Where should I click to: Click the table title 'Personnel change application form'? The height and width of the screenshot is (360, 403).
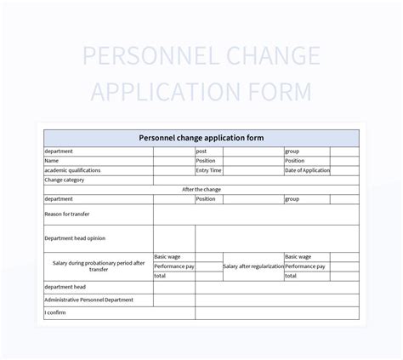point(201,137)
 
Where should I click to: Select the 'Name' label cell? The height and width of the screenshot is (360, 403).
point(52,160)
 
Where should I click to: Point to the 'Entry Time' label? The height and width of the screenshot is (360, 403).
point(209,170)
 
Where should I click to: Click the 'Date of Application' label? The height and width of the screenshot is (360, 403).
point(307,170)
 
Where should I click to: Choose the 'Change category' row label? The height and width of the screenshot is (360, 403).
point(64,180)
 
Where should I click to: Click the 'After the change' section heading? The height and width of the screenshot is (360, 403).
point(201,189)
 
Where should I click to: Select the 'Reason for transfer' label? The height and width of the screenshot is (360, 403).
point(66,214)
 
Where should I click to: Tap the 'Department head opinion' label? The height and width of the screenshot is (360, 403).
point(75,238)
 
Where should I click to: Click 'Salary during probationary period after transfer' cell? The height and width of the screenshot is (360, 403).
point(99,266)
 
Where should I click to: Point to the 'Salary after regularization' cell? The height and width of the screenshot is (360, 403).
point(253,266)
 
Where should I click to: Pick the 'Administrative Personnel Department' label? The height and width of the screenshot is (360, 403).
point(89,300)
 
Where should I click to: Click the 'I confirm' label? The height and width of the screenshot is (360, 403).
point(55,312)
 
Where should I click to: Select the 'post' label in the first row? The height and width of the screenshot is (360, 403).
point(201,151)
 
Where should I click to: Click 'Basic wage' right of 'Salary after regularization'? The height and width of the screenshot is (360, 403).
point(298,256)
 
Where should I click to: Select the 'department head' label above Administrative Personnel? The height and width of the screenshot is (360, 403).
point(65,287)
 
